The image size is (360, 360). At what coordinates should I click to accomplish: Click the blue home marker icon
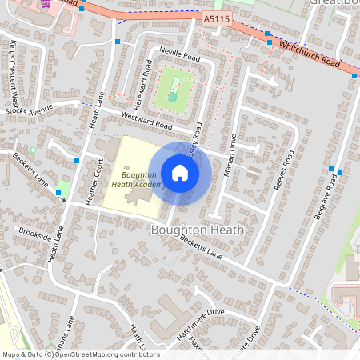[180, 172]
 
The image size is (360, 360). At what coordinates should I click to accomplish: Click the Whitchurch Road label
[309, 55]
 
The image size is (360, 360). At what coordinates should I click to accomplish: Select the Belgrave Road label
[322, 199]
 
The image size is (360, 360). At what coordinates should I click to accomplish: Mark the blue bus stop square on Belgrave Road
[341, 173]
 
